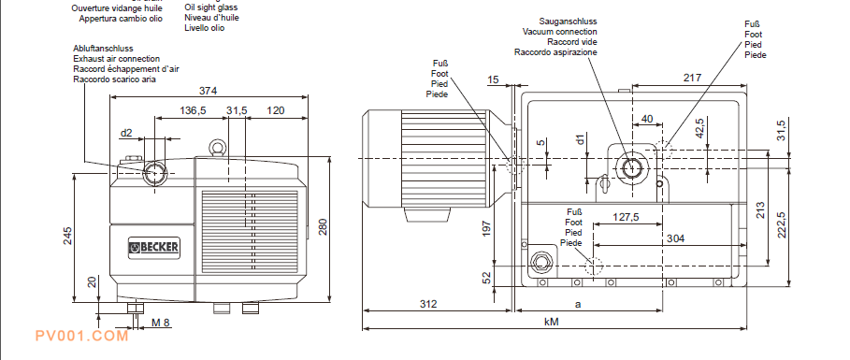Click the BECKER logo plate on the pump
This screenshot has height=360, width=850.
click(x=154, y=248)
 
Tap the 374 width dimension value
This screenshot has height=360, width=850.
click(x=208, y=91)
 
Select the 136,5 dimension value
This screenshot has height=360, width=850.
click(x=193, y=110)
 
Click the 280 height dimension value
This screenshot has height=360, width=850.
click(x=323, y=227)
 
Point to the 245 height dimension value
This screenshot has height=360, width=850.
click(x=67, y=236)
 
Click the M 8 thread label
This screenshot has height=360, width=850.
click(x=161, y=324)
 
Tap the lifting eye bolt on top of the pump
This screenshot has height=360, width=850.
click(x=216, y=147)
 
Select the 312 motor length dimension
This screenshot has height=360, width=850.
click(x=428, y=304)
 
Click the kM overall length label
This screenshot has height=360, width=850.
click(x=552, y=322)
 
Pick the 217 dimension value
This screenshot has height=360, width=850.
click(x=692, y=78)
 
